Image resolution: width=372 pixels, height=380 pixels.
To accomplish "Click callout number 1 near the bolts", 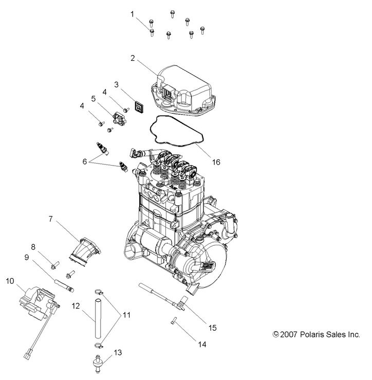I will point(132,14).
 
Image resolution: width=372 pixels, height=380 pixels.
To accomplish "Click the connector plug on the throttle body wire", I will point(27,354).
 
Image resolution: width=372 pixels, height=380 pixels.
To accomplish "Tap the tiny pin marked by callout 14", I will point(173,322).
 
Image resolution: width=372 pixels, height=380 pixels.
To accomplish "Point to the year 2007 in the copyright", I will point(289,334).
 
